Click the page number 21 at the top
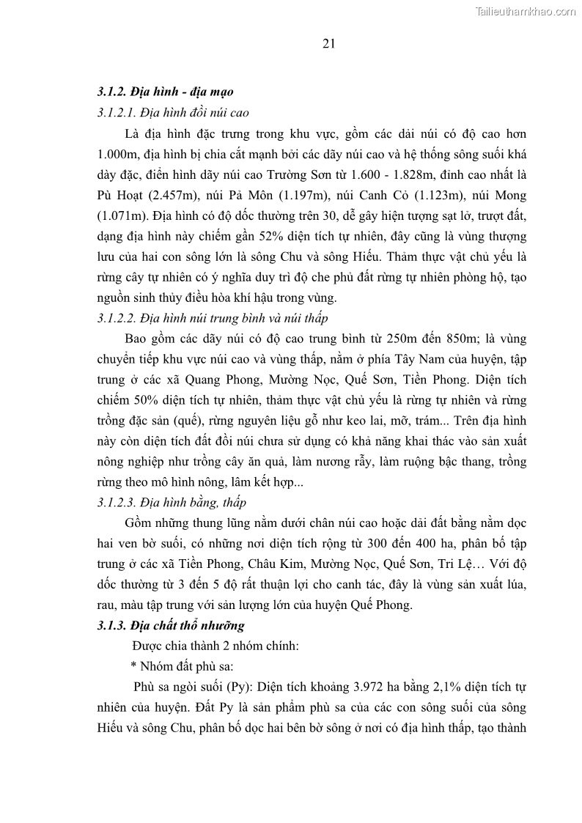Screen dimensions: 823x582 (328, 43)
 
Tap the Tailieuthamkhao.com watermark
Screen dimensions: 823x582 (526, 11)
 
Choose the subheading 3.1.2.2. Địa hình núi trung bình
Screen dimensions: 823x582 (213, 318)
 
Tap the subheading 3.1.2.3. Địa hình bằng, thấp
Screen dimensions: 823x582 (172, 503)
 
